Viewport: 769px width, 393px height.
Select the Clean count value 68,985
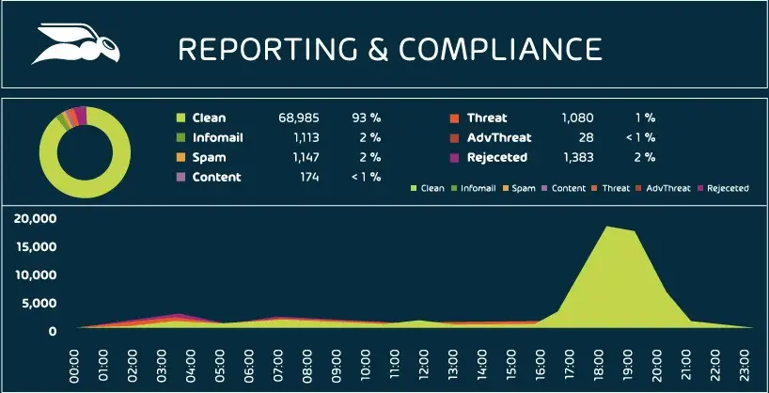pyautogui.click(x=299, y=118)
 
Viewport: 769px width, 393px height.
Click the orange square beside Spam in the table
pyautogui.click(x=180, y=157)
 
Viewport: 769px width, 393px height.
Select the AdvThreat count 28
pyautogui.click(x=586, y=137)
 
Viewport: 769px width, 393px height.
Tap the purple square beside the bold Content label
pyautogui.click(x=180, y=177)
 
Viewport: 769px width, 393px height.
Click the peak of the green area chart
pyautogui.click(x=608, y=227)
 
